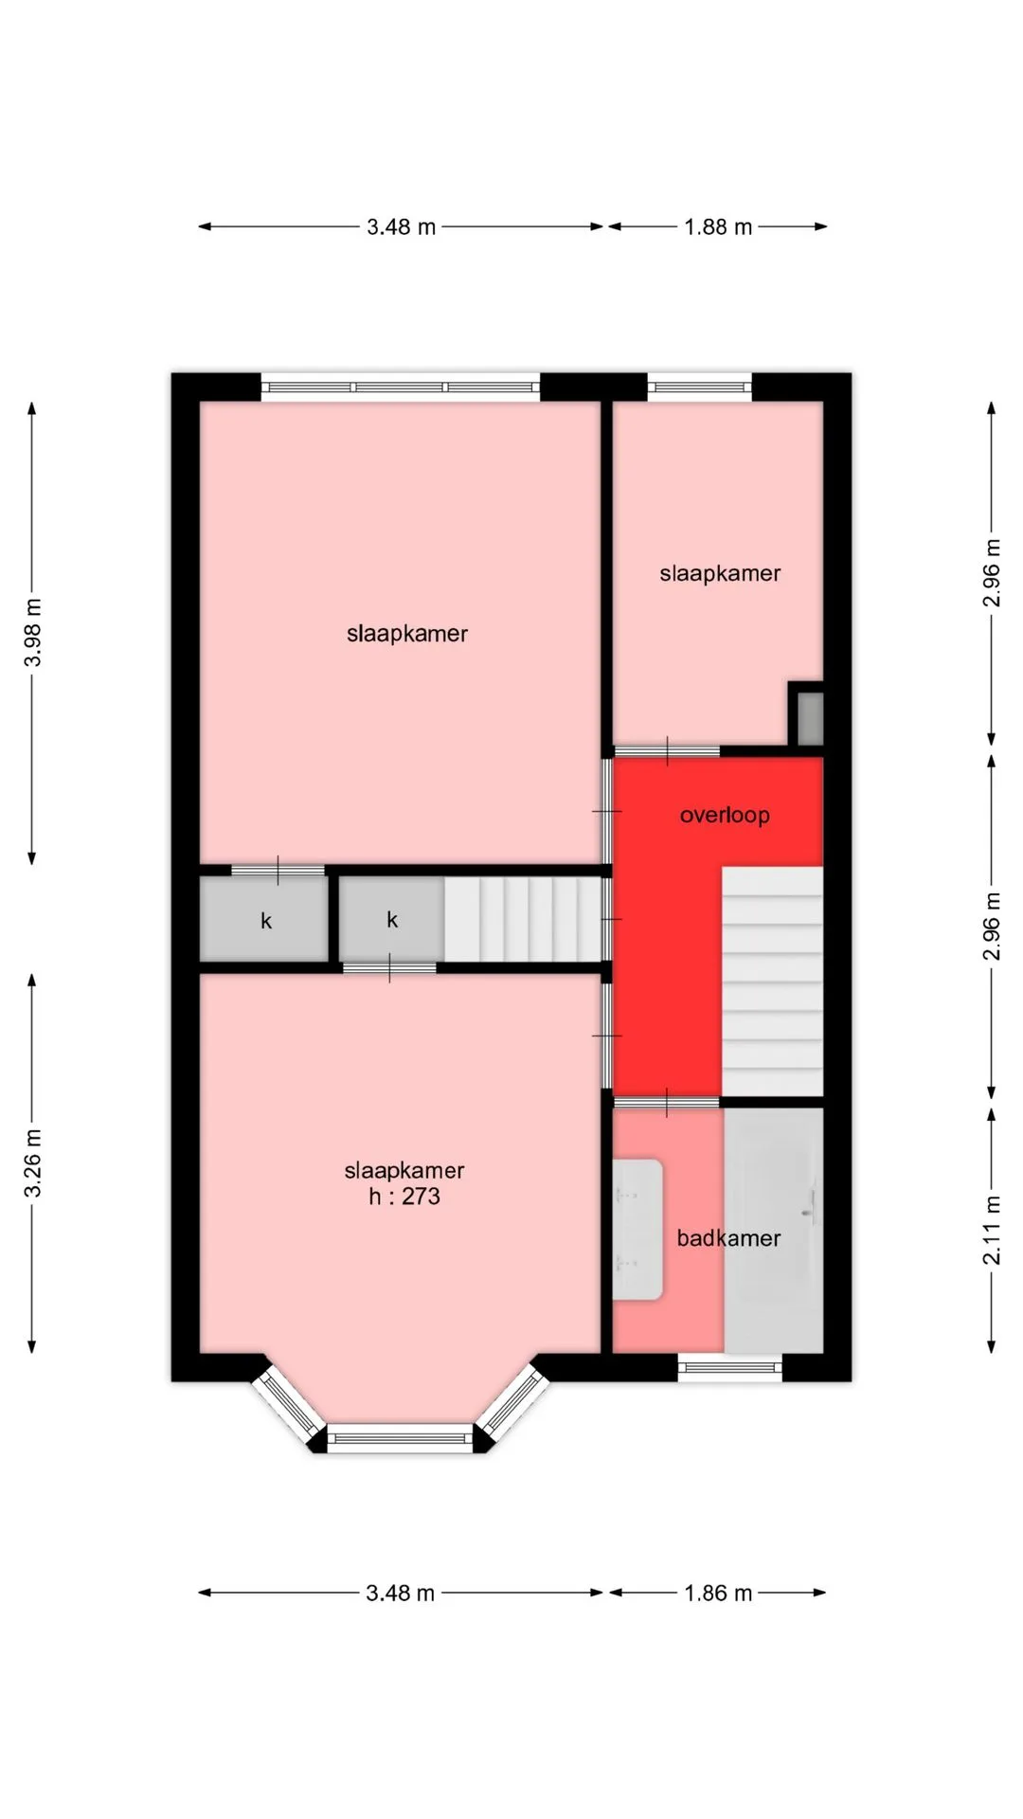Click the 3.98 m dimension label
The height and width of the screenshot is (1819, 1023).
[32, 632]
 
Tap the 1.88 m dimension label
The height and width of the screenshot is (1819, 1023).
[718, 227]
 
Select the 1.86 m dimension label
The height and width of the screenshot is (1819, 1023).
[718, 1594]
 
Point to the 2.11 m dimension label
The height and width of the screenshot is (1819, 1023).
[991, 1231]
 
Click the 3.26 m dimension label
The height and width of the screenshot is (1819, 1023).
[32, 1162]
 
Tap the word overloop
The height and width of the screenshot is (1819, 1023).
[725, 815]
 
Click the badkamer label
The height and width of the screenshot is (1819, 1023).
[728, 1238]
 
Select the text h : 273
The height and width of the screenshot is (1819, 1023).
[404, 1197]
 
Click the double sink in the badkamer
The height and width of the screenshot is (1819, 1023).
[637, 1229]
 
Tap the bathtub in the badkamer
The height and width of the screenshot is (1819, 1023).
[774, 1231]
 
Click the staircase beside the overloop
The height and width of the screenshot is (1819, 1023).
[773, 982]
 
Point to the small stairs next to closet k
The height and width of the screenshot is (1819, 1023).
[523, 919]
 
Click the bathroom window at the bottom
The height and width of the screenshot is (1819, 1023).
[730, 1367]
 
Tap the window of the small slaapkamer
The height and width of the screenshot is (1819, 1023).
[700, 387]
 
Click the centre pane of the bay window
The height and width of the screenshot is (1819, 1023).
[400, 1438]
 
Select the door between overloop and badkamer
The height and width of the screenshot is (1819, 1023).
[667, 1103]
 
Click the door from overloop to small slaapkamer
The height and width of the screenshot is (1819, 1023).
[667, 751]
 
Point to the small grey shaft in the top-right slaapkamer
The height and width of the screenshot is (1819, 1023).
[810, 718]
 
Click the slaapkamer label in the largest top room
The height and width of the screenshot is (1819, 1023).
[407, 634]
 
